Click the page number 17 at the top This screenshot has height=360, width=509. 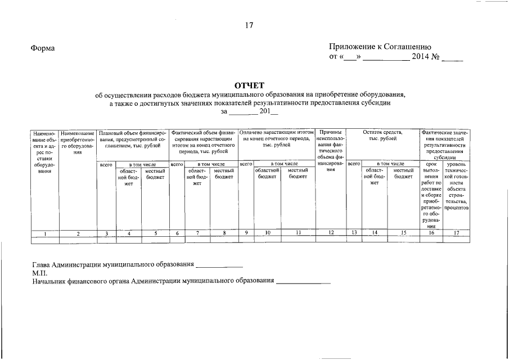coord(249,25)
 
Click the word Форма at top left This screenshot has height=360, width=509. coord(43,48)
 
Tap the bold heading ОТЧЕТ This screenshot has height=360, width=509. coord(249,85)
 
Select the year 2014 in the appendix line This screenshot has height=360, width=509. coord(421,57)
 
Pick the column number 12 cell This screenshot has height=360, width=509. coord(331,233)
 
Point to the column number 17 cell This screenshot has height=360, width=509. coord(456,233)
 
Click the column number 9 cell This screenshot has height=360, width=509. coord(246,233)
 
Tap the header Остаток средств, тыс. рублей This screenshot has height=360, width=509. coord(383,135)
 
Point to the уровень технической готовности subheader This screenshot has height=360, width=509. coord(456,186)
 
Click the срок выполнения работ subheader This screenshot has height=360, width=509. coord(431,195)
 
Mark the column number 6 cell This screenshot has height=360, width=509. coord(177,233)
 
